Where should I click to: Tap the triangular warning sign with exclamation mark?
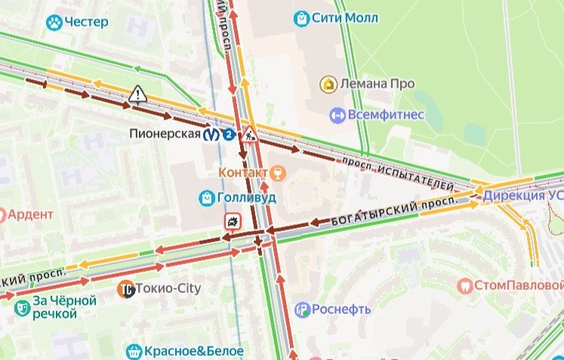point(137,94)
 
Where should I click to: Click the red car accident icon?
point(233,221)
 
